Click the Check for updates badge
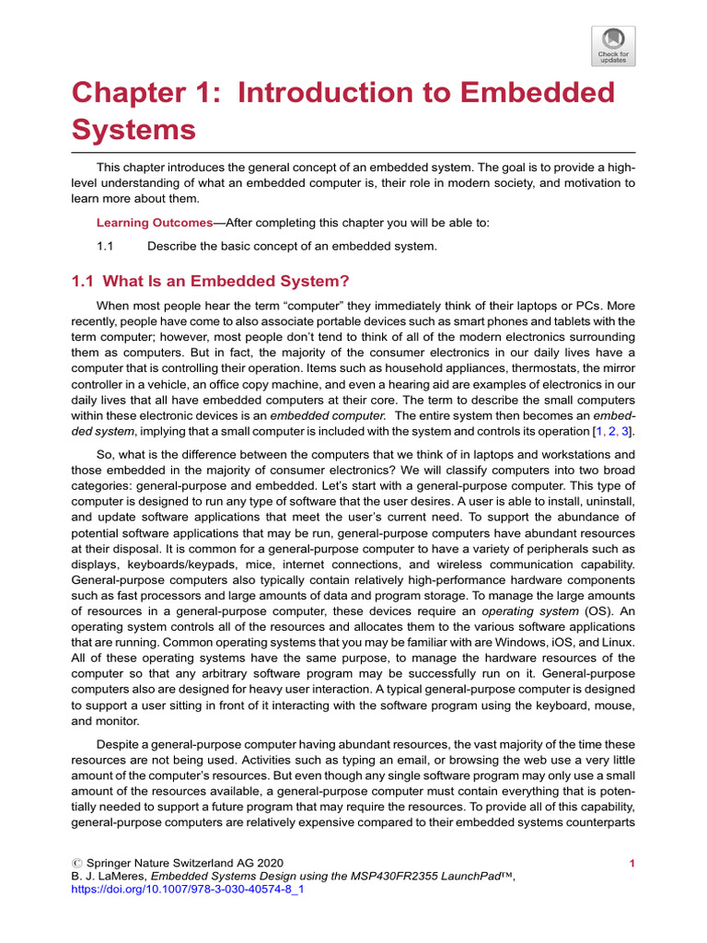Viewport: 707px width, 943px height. pyautogui.click(x=614, y=45)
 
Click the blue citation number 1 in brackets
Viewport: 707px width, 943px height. pyautogui.click(x=597, y=431)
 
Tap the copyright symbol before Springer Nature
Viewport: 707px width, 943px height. pyautogui.click(x=76, y=863)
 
